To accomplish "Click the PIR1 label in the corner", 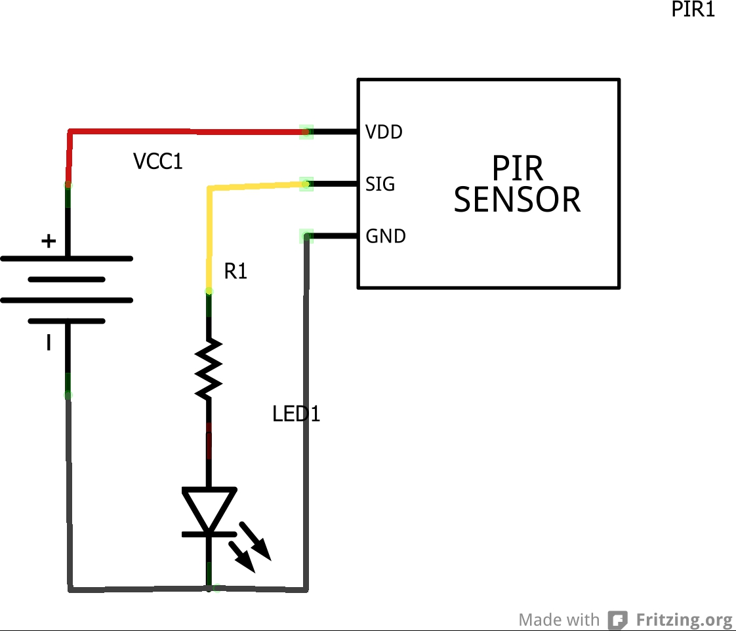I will [x=693, y=10].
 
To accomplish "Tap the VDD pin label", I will [x=384, y=132].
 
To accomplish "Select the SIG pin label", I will [x=380, y=184].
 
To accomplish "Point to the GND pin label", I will [x=386, y=236].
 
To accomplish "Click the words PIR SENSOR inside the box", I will [x=518, y=185].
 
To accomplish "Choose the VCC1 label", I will [x=157, y=161].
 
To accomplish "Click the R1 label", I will [x=235, y=271].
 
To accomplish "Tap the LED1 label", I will [x=296, y=414].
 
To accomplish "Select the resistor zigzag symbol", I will [x=209, y=368].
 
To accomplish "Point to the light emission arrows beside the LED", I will [x=253, y=546].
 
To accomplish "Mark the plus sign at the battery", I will [x=49, y=241].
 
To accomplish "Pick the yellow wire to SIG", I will [x=256, y=187].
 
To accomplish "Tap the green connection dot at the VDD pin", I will [x=306, y=132].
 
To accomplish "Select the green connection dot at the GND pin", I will [x=306, y=236].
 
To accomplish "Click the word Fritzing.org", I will [x=684, y=620].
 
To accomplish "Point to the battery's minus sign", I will [x=49, y=342].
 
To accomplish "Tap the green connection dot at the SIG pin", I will [x=306, y=184].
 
